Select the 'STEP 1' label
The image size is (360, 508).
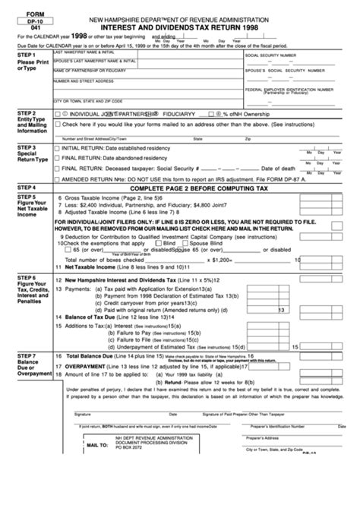pos(16,55)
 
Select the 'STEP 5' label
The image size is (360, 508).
pos(16,197)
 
